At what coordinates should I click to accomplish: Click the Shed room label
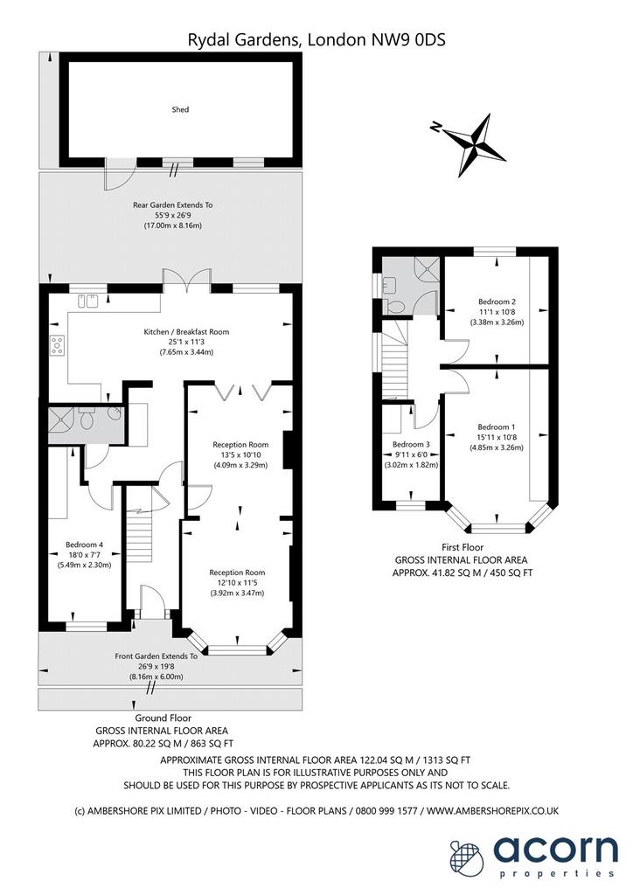tap(180, 109)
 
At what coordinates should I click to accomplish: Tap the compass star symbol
tap(475, 145)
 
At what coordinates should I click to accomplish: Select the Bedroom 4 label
tap(85, 545)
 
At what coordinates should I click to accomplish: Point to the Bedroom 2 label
tap(497, 302)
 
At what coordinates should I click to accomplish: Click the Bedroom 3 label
tap(411, 444)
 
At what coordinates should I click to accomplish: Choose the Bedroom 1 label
tap(497, 427)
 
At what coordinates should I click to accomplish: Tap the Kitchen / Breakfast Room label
tap(186, 331)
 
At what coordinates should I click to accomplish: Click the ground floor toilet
tap(87, 419)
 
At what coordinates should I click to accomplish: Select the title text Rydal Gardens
tap(246, 39)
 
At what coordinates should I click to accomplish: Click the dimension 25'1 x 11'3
tap(186, 342)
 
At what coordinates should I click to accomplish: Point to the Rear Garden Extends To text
tap(173, 205)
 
